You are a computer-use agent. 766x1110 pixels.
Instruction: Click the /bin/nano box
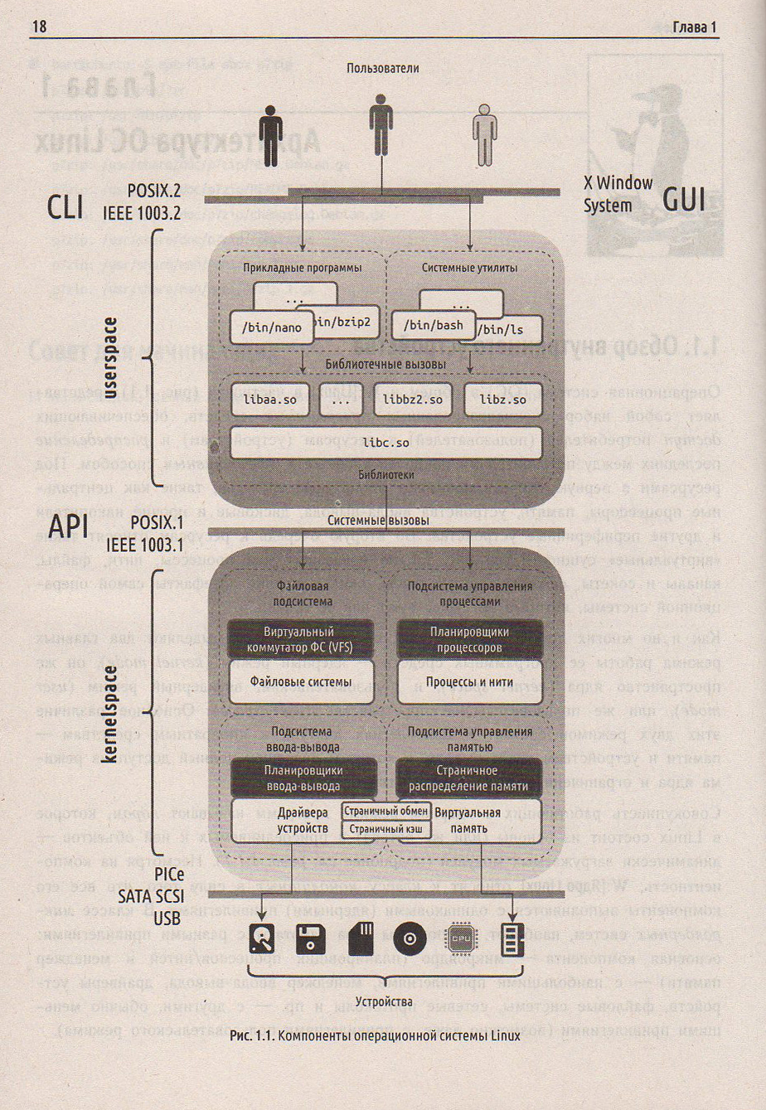coord(259,327)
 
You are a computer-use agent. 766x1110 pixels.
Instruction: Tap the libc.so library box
coord(385,443)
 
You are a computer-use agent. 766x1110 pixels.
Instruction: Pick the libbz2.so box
coord(412,400)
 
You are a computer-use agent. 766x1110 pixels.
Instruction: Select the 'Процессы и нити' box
coord(470,681)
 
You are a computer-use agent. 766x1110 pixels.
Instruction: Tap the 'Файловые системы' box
coord(301,681)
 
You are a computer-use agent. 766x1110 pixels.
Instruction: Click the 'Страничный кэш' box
coord(385,828)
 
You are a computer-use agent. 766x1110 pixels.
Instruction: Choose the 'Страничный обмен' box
coord(385,811)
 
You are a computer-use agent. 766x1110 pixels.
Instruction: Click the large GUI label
coord(684,199)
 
